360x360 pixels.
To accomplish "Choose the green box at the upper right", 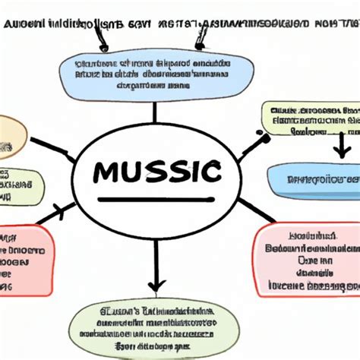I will pos(311,120).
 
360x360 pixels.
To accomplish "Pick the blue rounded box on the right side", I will pos(313,180).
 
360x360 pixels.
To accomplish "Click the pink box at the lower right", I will pos(303,261).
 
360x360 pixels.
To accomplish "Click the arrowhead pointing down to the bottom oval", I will pos(156,286).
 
